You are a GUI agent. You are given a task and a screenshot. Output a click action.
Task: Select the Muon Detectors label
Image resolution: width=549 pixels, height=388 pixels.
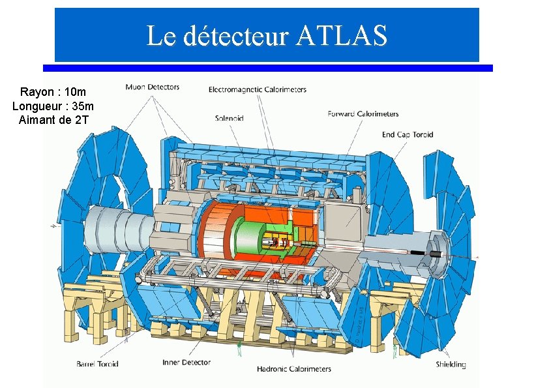[152, 87]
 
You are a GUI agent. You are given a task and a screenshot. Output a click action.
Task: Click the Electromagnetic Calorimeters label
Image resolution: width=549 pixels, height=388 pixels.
[257, 89]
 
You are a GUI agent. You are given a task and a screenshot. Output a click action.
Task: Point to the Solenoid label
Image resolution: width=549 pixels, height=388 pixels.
[229, 118]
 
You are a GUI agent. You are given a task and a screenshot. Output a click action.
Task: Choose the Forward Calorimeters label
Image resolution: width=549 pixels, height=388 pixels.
[363, 114]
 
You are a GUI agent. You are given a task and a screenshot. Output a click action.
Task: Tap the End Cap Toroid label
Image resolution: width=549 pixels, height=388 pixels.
[408, 135]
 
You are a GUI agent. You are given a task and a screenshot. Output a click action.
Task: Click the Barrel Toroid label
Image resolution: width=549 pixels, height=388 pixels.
[98, 364]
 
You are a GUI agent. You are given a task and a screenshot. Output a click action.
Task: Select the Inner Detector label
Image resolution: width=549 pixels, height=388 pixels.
[186, 363]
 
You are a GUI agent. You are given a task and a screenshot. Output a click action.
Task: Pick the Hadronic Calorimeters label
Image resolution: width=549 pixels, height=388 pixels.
[293, 369]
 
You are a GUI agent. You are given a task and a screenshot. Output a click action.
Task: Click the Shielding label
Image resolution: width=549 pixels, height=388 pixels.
[451, 365]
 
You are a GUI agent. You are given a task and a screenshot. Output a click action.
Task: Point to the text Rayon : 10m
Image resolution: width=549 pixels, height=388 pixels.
[53, 92]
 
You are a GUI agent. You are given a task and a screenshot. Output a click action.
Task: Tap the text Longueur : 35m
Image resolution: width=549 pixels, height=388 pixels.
[53, 106]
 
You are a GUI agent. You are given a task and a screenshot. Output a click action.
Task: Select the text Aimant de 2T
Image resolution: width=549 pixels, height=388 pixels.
[53, 119]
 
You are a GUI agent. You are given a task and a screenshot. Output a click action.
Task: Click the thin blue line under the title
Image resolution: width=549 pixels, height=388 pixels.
[267, 68]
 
